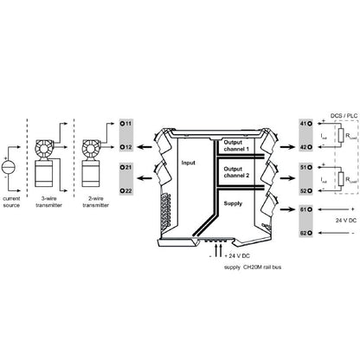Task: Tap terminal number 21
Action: (x=126, y=166)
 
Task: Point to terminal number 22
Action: (x=126, y=190)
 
